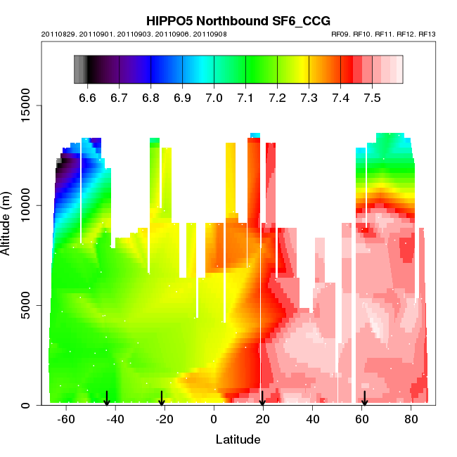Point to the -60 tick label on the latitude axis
point(66,420)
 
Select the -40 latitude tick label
point(115,420)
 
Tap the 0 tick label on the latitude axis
point(214,420)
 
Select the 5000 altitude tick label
point(23,306)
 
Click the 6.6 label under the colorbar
point(87,98)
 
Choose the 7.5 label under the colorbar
point(372,98)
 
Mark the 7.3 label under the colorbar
point(309,98)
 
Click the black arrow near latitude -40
point(107,399)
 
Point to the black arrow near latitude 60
point(364,399)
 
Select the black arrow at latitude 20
point(262,399)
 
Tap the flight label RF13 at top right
point(427,34)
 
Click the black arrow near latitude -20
point(162,399)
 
